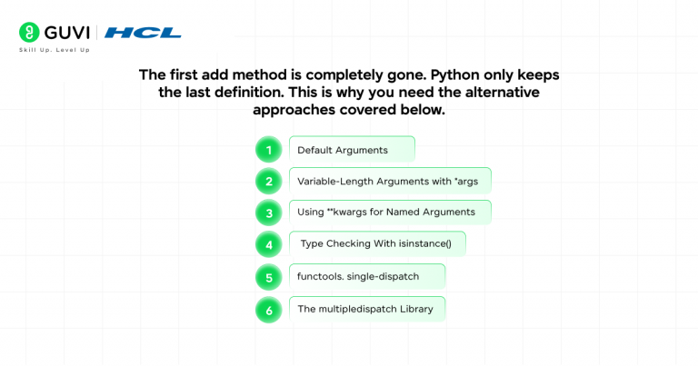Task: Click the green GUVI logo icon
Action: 29,33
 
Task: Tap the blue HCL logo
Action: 143,33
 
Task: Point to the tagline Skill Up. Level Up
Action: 55,50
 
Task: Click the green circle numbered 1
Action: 269,150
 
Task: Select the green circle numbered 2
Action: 269,182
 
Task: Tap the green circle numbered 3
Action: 269,213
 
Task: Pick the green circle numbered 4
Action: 269,244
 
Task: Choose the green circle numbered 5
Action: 269,278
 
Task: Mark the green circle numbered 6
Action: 269,310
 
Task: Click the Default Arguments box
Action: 352,149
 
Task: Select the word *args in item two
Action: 466,182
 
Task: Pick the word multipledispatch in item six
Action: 358,309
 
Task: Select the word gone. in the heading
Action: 406,75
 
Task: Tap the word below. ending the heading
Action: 423,109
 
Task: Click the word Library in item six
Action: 416,309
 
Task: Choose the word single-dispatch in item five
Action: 383,277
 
